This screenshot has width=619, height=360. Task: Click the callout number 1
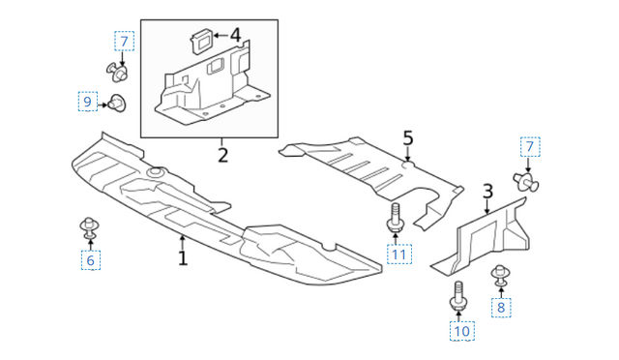point(183,258)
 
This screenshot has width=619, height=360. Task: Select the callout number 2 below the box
point(222,155)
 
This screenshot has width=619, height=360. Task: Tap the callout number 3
point(487,192)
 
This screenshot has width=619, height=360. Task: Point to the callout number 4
point(235,35)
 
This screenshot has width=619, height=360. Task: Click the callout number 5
point(408,138)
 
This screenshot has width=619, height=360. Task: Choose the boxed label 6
point(90,260)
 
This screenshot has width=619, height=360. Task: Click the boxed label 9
point(87,102)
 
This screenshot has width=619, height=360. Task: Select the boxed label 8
point(501,307)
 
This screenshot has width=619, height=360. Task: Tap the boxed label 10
point(462,331)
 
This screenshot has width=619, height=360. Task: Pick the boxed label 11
point(399,255)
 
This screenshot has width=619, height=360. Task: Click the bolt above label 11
point(396,218)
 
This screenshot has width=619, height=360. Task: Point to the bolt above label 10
point(457,296)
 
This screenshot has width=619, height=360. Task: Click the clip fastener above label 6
point(89,228)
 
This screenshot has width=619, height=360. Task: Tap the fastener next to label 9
point(117,104)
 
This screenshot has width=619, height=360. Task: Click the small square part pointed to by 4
point(202,41)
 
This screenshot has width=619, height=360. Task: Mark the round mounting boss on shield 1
point(157,172)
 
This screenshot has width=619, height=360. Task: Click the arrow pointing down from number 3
point(487,207)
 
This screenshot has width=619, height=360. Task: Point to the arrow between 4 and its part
point(221,36)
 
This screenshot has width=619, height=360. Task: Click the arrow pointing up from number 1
point(182,242)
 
